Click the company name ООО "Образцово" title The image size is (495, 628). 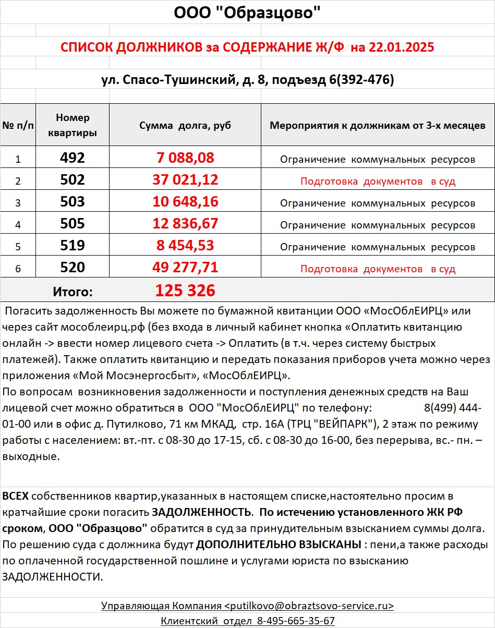click(x=247, y=13)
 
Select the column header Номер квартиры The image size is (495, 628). click(x=73, y=125)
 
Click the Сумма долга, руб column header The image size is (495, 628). click(x=185, y=126)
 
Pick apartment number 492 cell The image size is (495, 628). click(x=73, y=158)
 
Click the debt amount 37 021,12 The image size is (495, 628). click(x=185, y=180)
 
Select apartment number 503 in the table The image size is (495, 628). click(x=73, y=202)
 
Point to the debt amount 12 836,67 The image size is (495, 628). click(x=185, y=224)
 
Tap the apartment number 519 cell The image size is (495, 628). click(x=73, y=246)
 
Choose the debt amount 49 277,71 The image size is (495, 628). click(x=185, y=268)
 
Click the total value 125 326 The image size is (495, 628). click(x=185, y=291)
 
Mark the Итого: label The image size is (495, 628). click(x=73, y=292)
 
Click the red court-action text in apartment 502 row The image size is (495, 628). click(x=378, y=182)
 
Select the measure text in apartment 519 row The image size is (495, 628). click(x=378, y=247)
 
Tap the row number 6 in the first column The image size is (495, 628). click(x=18, y=269)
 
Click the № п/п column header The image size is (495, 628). click(x=18, y=126)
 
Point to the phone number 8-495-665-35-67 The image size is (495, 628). click(x=296, y=621)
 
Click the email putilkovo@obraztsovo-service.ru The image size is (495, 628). click(x=309, y=606)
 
